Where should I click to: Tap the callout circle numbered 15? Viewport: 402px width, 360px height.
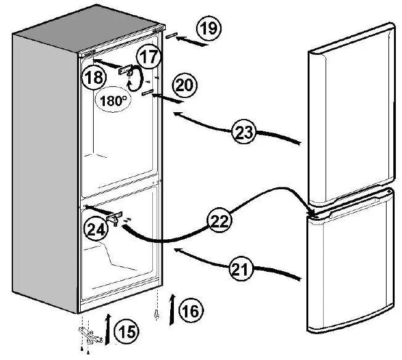[x=127, y=332]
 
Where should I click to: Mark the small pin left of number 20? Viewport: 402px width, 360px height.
[x=148, y=92]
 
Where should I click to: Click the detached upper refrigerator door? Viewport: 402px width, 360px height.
[x=349, y=114]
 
